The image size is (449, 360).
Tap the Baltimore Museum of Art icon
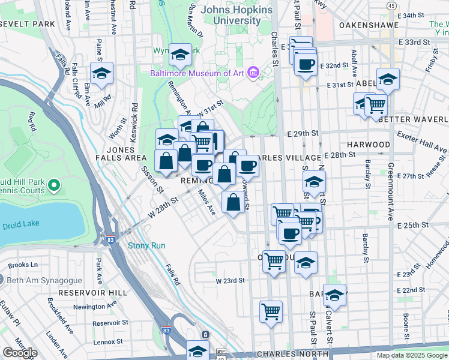(253, 74)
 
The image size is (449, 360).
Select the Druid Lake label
(20, 226)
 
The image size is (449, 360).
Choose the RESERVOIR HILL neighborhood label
(93, 292)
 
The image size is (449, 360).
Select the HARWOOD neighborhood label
(369, 145)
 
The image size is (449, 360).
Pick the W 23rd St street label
(231, 280)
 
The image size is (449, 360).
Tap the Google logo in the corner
(20, 353)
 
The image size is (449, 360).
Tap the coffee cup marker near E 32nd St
(306, 64)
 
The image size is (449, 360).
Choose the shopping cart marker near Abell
(376, 104)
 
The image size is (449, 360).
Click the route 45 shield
(391, 5)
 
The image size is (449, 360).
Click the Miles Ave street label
(207, 202)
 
